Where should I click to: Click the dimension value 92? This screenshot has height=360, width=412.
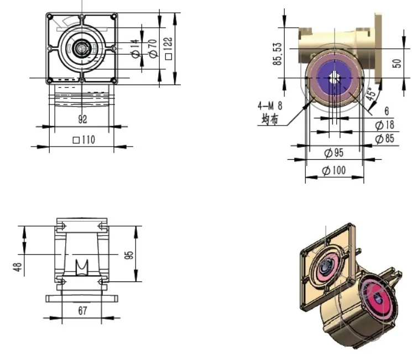click(82, 119)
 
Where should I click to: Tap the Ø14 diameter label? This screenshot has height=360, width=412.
click(134, 50)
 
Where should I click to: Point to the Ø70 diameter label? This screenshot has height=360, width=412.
click(152, 50)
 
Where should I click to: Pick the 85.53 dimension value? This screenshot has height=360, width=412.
click(278, 54)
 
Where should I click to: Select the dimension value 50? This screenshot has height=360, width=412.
click(397, 62)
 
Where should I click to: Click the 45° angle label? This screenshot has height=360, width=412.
click(373, 93)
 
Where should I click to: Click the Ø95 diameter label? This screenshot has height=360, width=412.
click(333, 153)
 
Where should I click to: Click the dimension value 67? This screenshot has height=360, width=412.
click(82, 311)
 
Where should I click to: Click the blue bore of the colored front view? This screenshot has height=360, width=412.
click(334, 77)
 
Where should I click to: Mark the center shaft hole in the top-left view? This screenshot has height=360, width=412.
click(82, 49)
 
